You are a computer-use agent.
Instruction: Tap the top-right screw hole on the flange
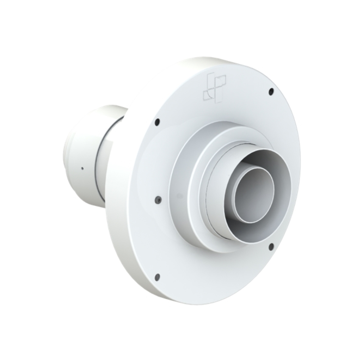(271, 91)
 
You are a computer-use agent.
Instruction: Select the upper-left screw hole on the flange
(157, 121)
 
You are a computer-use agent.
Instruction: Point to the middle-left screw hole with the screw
(157, 199)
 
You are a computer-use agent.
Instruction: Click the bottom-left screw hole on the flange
(157, 276)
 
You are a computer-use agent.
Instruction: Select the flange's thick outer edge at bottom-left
(121, 258)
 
